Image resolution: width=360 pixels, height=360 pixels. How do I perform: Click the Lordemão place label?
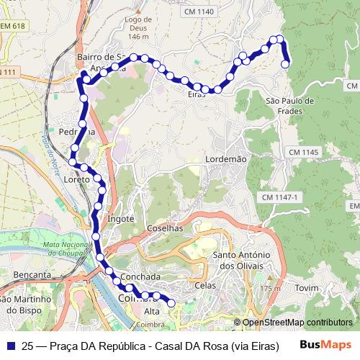(x=225, y=158)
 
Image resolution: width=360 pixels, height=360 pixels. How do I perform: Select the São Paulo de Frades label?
(x=289, y=106)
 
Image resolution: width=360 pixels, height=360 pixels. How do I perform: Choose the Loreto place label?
(x=77, y=179)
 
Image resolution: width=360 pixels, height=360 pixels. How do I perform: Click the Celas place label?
(x=205, y=285)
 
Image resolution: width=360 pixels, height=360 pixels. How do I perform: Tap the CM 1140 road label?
(x=199, y=12)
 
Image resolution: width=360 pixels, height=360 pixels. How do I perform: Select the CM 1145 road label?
(x=303, y=153)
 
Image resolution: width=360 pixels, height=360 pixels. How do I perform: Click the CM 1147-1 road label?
(x=279, y=197)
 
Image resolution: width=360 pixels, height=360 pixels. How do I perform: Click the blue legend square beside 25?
(x=10, y=345)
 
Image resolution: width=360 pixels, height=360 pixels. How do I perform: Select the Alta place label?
(x=152, y=311)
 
